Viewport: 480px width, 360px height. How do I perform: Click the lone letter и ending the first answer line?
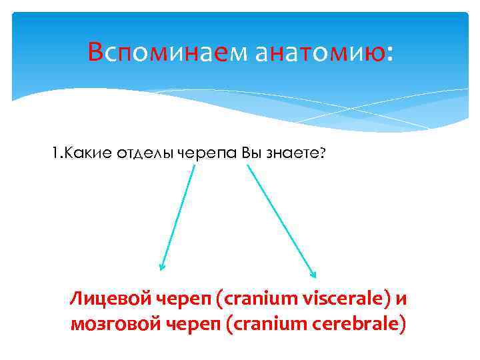pos(401,299)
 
